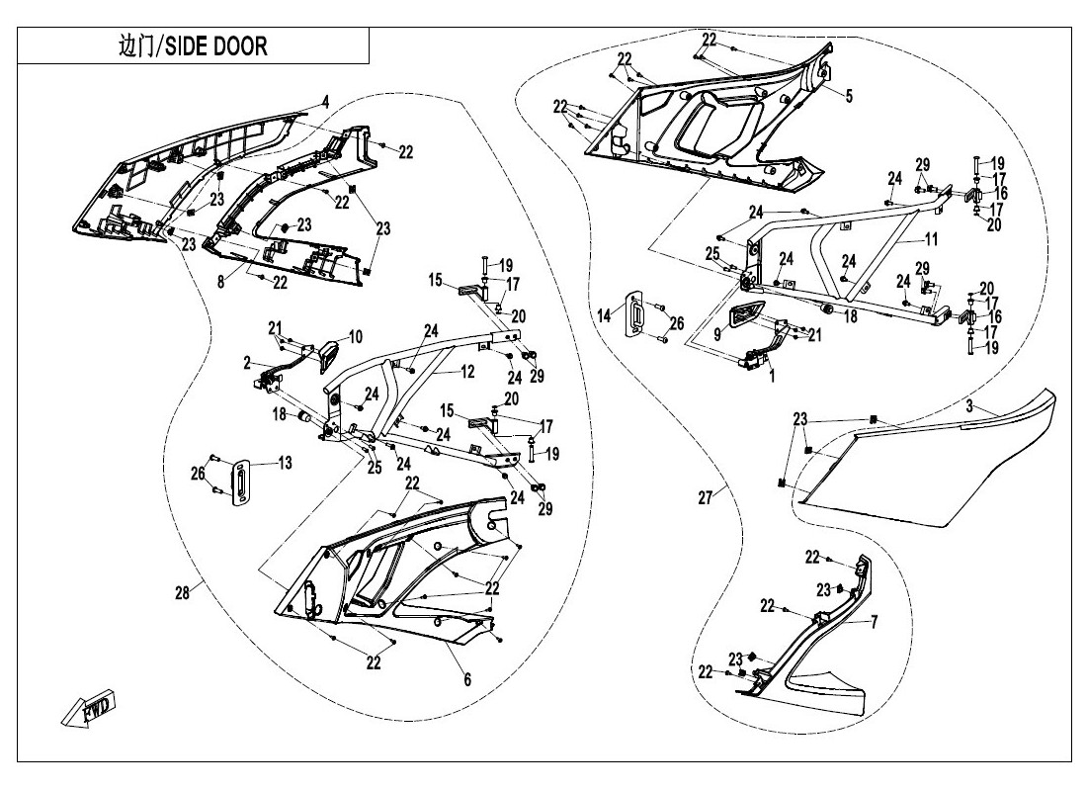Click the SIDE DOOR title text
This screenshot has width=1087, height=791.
click(x=193, y=46)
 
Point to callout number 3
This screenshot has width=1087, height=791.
click(x=970, y=406)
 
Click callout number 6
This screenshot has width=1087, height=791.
click(x=466, y=679)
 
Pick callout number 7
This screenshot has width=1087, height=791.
click(x=874, y=623)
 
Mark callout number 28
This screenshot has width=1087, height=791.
click(x=181, y=592)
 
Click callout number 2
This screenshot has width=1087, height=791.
click(x=247, y=363)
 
